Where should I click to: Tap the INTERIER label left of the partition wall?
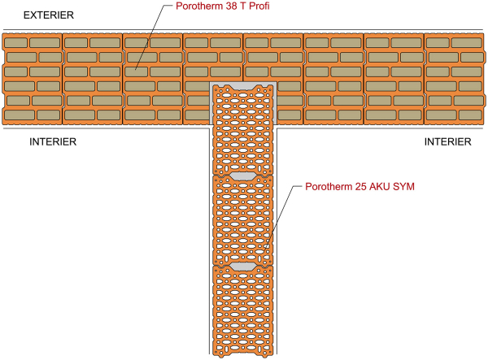tap(52, 142)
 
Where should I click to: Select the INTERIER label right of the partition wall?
tap(447, 142)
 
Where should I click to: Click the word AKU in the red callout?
tap(380, 188)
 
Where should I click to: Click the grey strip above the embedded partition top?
tap(243, 82)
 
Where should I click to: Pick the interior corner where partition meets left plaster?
tap(210, 128)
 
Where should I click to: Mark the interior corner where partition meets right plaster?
tap(277, 128)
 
